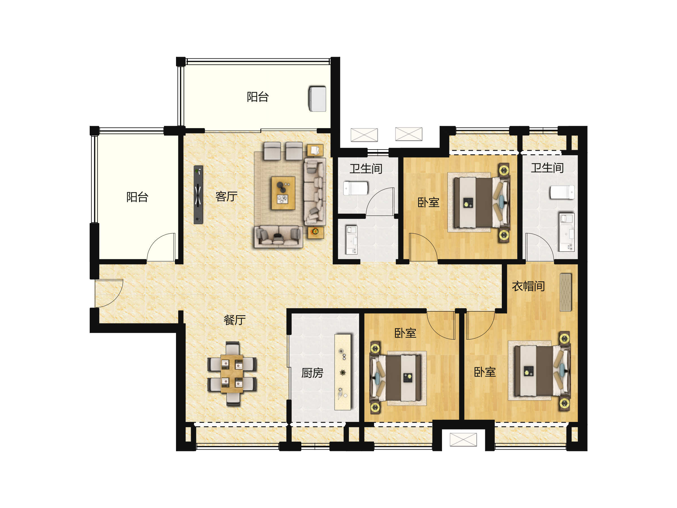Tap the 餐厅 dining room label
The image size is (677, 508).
click(235, 320)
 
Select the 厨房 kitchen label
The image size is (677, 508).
click(312, 373)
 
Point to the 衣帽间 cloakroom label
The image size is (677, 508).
click(528, 286)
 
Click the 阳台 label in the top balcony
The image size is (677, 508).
click(258, 97)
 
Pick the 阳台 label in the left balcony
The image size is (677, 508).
click(137, 197)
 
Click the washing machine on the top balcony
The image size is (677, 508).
click(317, 99)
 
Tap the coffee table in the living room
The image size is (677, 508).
click(283, 193)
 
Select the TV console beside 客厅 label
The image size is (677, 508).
click(198, 195)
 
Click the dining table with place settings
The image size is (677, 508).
click(232, 374)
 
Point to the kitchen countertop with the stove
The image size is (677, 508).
click(342, 372)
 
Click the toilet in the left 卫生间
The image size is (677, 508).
click(356, 188)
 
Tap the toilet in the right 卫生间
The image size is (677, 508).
click(562, 192)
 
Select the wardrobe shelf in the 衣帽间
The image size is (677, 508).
click(566, 292)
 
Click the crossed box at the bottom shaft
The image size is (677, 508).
click(463, 440)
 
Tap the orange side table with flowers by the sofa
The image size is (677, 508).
click(315, 232)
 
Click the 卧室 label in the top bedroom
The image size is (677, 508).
click(428, 202)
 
